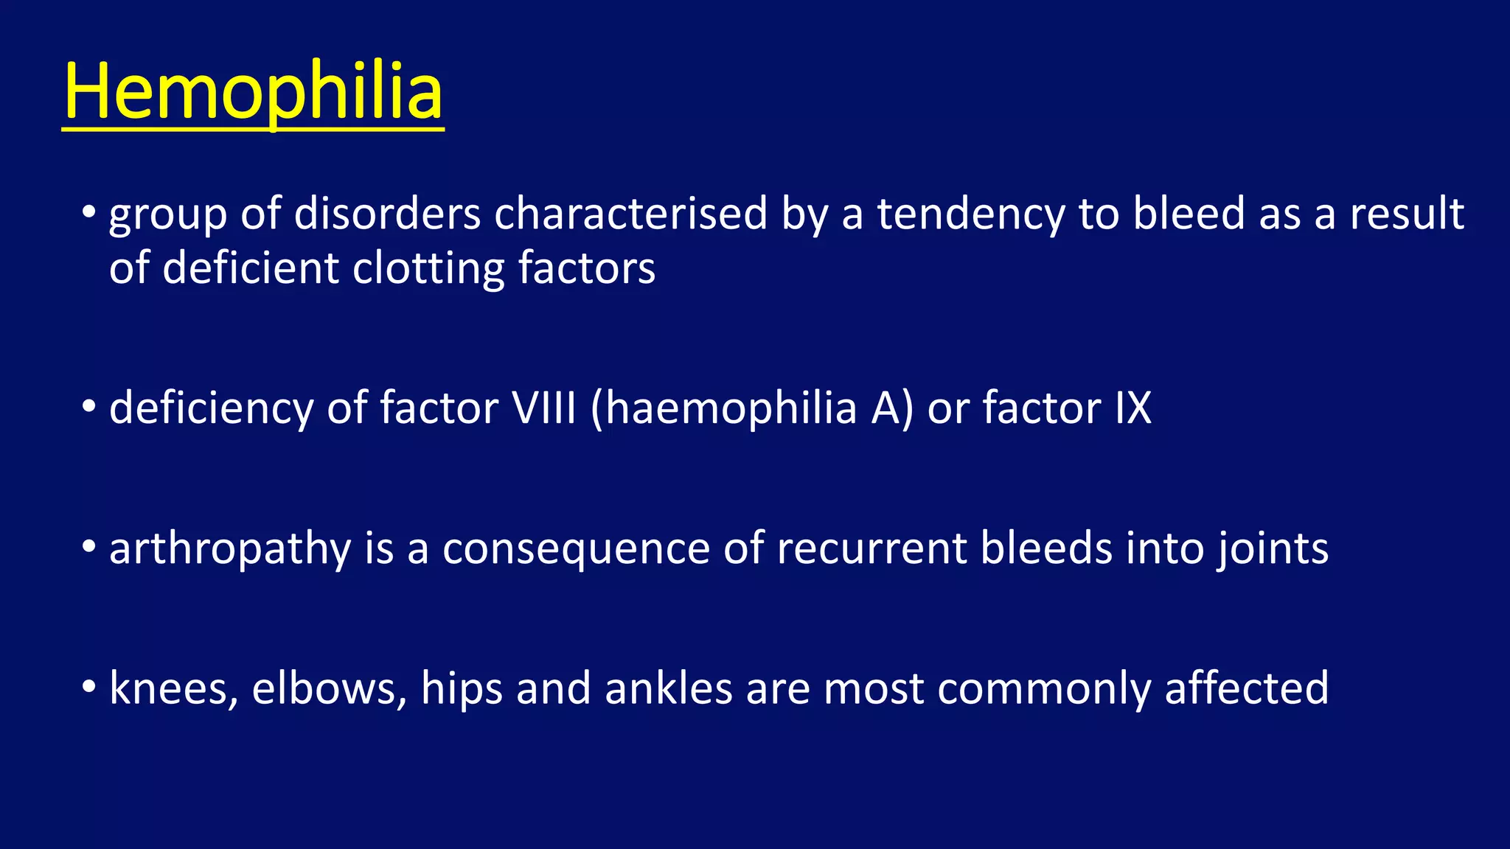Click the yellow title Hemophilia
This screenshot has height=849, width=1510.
253,92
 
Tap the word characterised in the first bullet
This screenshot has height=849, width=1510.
630,214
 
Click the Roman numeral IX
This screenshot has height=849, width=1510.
1132,408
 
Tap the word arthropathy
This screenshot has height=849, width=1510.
230,549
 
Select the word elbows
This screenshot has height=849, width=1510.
329,688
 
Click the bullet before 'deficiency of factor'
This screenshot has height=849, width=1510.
89,406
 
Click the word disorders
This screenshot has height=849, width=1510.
387,214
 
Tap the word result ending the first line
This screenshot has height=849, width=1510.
1406,214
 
